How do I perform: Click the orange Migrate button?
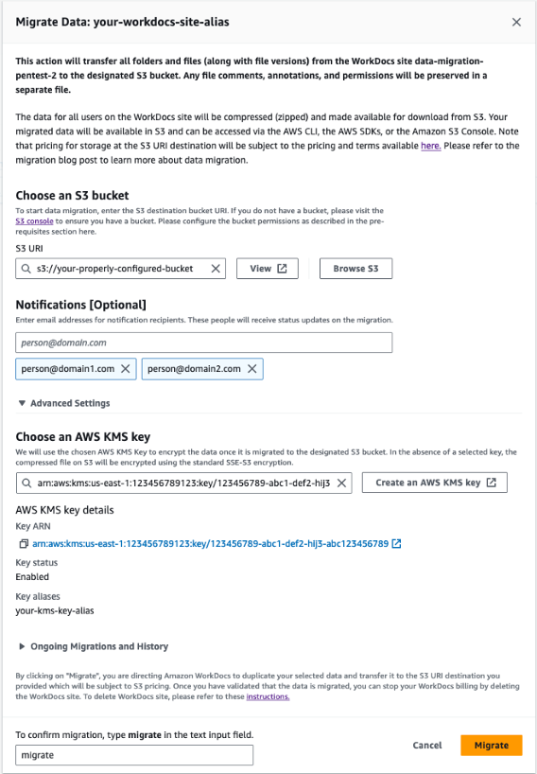[x=492, y=745]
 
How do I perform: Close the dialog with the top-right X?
[x=515, y=22]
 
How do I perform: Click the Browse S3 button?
[x=355, y=269]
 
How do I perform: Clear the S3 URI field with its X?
[x=216, y=269]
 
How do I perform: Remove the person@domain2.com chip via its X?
[x=252, y=369]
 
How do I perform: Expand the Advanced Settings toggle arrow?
[x=22, y=403]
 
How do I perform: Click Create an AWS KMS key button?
[x=434, y=483]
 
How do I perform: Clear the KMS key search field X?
[x=341, y=483]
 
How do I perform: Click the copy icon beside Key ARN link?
[x=23, y=544]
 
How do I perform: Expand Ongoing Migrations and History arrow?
[x=22, y=646]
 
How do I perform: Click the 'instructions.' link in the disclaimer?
[x=268, y=696]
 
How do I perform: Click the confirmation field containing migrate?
[x=134, y=755]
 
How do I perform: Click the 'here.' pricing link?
[x=430, y=146]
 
